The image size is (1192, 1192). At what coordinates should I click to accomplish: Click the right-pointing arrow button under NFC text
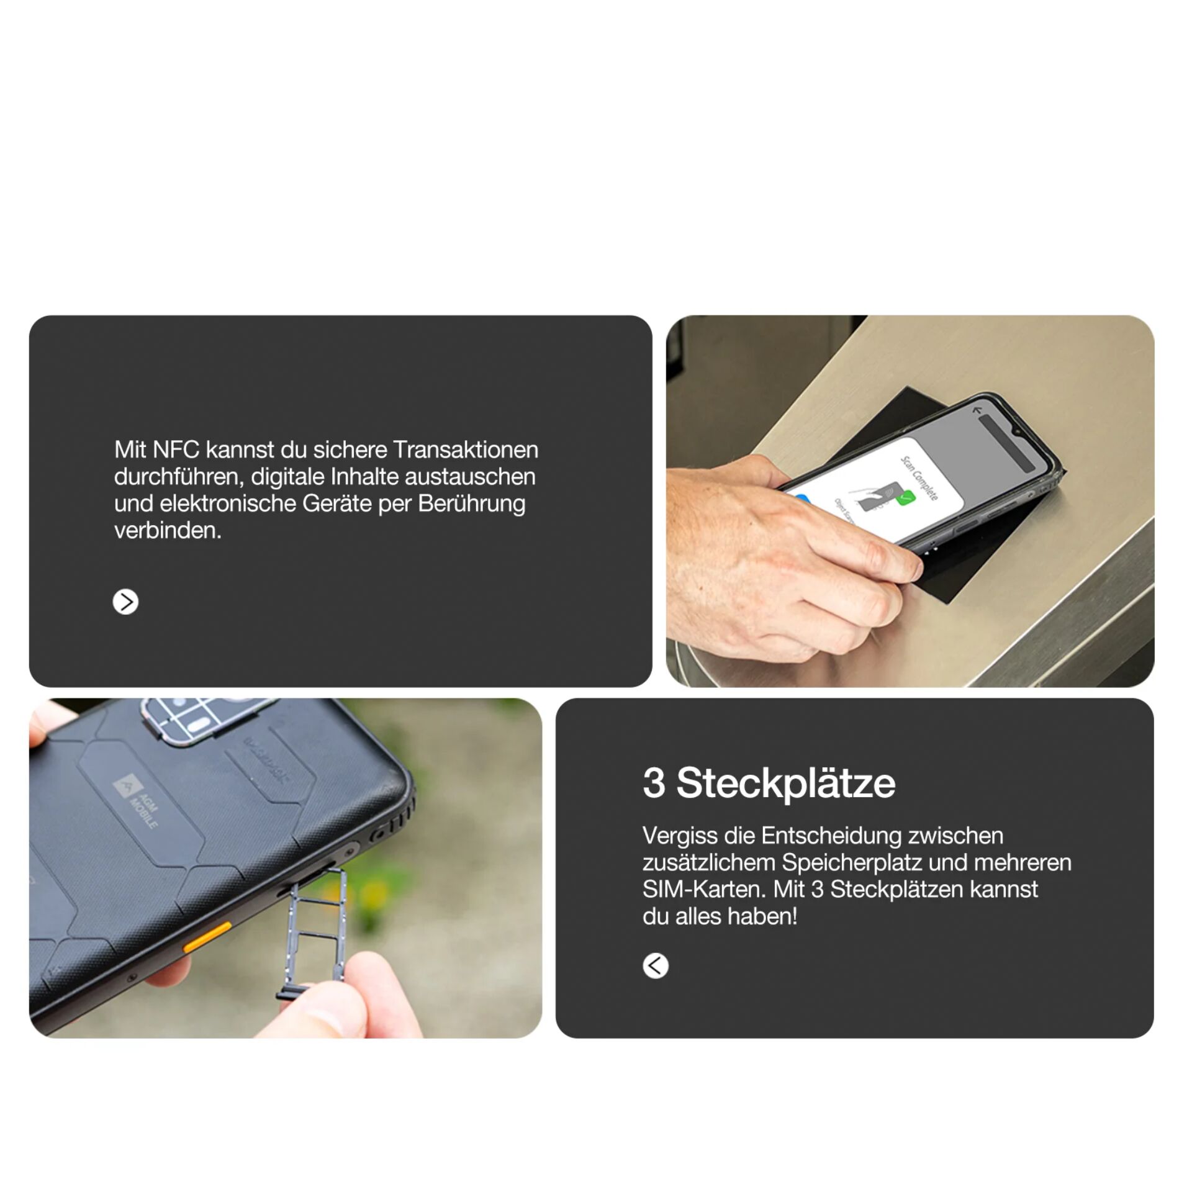click(x=125, y=602)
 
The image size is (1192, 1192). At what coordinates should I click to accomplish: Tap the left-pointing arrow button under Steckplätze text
click(x=655, y=965)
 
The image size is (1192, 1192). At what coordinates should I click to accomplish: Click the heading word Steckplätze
click(x=785, y=783)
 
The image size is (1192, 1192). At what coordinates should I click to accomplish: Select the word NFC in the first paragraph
click(x=176, y=449)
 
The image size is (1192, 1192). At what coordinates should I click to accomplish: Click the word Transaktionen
click(x=465, y=449)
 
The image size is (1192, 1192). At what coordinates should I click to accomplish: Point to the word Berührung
click(x=471, y=503)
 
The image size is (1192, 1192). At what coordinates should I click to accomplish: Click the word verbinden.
click(x=167, y=530)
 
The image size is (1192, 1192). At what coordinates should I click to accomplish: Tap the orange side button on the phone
click(x=207, y=936)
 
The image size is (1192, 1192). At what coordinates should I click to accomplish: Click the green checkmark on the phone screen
click(x=906, y=497)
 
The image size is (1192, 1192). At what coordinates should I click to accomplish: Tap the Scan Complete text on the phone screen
click(x=919, y=478)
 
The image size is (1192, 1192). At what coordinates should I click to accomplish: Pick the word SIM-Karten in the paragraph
click(x=704, y=889)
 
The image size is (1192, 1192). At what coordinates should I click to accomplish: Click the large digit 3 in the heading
click(x=654, y=783)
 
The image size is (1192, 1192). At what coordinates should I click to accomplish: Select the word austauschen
click(x=470, y=477)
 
